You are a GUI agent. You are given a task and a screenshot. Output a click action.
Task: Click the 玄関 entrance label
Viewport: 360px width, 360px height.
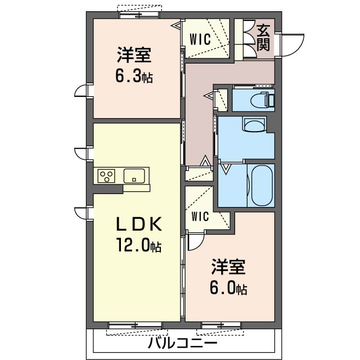pos(263,38)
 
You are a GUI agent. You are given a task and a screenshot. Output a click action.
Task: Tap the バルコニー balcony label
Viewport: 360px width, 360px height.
pos(182,344)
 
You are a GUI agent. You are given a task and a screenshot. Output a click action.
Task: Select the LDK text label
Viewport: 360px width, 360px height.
pos(139,224)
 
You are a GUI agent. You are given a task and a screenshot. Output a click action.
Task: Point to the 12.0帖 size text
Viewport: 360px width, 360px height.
pos(139,245)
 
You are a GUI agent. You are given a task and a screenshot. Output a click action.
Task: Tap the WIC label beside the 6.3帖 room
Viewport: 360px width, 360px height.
pos(200,39)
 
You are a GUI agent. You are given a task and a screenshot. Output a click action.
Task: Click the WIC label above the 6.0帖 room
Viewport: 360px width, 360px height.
pos(200,216)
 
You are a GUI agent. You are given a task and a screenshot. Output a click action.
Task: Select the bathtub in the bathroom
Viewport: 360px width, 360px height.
pos(262,185)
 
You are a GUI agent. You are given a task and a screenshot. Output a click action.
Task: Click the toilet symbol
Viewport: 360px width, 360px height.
pos(262,100)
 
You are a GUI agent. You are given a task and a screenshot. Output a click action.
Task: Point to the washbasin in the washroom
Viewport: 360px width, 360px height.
pos(254,125)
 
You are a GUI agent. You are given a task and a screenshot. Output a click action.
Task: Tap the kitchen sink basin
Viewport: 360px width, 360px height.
pos(134,176)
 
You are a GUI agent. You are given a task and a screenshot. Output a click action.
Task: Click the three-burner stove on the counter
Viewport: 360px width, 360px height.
pos(106,176)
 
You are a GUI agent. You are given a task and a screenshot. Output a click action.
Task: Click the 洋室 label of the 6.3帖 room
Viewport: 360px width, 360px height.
pos(134,55)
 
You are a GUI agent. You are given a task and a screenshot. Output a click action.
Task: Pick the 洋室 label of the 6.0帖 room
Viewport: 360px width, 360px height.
pos(228,267)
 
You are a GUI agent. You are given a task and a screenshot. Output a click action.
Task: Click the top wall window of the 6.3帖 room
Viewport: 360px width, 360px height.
pos(139,15)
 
